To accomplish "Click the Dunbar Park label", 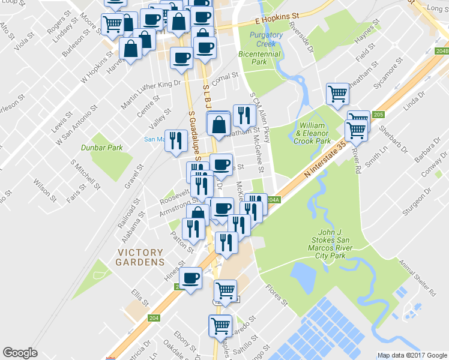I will click(102, 147).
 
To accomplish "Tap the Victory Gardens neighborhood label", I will click(140, 257).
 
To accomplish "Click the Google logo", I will click(20, 353).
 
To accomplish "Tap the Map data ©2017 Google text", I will click(412, 355).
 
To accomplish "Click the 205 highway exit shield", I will click(378, 115).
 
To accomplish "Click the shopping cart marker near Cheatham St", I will click(337, 93).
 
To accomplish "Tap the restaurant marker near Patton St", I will click(192, 227).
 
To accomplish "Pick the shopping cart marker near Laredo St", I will click(220, 325).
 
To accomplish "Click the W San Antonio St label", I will click(76, 127).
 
